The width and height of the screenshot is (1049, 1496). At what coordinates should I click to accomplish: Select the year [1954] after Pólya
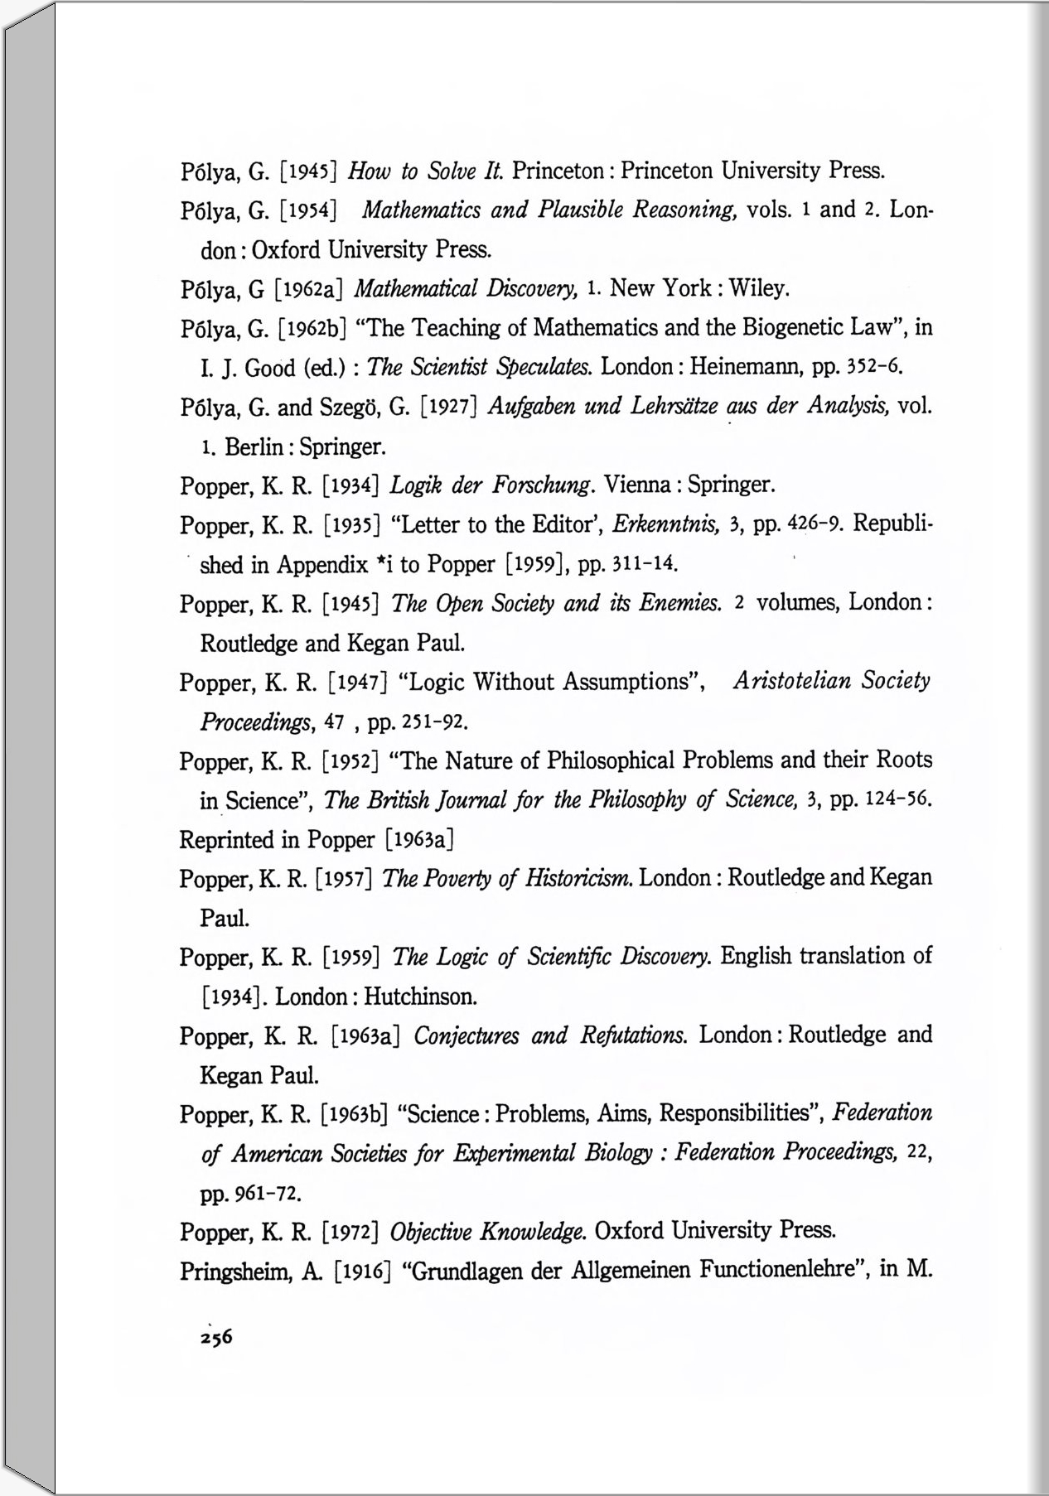coord(308,210)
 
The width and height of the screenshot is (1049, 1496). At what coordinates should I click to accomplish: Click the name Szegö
coord(347,408)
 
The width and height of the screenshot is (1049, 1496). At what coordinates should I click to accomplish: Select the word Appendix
coord(321,565)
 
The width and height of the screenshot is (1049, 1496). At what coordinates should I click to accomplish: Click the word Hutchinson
coord(420,996)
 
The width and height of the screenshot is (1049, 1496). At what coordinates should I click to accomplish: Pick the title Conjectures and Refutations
coord(549,1035)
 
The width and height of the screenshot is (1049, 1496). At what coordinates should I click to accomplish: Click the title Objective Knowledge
coord(488,1232)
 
